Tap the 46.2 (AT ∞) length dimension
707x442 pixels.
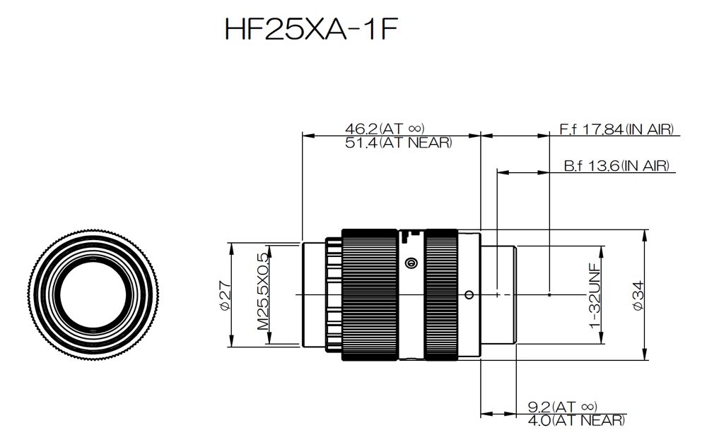click(385, 129)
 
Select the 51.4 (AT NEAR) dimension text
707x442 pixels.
click(398, 143)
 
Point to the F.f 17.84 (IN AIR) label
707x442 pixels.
click(617, 129)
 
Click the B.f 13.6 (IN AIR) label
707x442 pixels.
click(617, 166)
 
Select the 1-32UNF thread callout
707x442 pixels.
click(595, 296)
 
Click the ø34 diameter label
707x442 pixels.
click(638, 295)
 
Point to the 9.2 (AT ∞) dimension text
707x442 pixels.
click(562, 407)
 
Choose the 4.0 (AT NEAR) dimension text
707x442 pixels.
click(576, 421)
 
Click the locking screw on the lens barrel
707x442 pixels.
click(410, 263)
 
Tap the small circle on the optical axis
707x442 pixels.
click(469, 295)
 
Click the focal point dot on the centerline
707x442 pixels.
click(549, 295)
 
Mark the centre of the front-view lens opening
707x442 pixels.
click(93, 294)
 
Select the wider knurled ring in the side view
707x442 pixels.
click(370, 295)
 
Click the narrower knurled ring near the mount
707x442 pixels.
click(441, 295)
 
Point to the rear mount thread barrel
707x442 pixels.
click(498, 295)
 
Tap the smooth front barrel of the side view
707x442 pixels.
click(314, 295)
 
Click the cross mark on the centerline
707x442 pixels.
click(497, 295)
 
